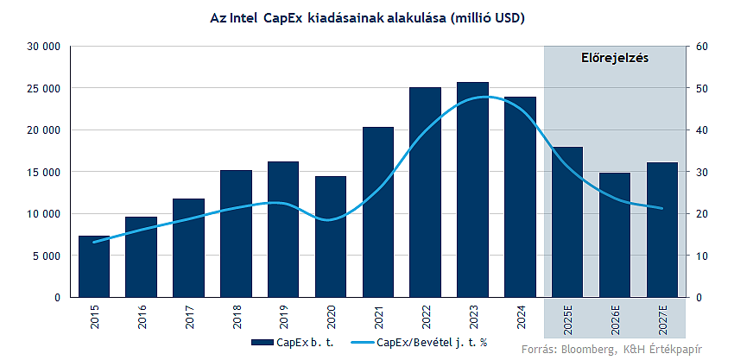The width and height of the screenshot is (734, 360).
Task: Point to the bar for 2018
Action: pos(236,233)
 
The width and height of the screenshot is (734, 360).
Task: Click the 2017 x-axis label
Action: pos(189,318)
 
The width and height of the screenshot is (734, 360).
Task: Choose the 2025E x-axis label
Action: pos(567,320)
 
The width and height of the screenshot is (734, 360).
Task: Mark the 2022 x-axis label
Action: pos(426,318)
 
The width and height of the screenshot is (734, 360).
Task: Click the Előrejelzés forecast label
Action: pos(612,59)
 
